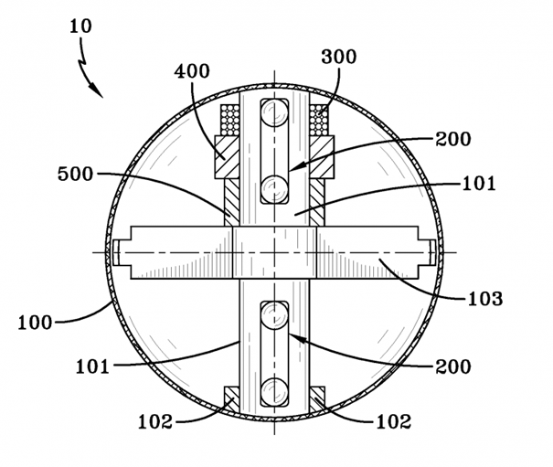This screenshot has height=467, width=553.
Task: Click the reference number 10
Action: point(80,27)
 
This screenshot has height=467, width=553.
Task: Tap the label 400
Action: point(192,71)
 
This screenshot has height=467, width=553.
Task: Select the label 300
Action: point(338,57)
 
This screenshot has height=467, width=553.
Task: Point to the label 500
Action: point(76,174)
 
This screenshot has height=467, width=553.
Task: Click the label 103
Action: point(485,299)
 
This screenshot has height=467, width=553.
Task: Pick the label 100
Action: point(35,323)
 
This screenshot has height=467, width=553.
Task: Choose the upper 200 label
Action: point(453,139)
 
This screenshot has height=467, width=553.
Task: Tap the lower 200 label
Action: point(453,366)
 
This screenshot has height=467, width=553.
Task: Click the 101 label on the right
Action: point(479,184)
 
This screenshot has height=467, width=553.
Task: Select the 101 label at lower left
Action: point(92,366)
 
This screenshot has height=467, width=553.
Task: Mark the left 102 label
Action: point(155,421)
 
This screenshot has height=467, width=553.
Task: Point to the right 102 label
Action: point(394,421)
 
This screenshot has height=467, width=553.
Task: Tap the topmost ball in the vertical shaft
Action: point(274,112)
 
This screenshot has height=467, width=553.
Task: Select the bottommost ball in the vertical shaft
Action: point(274,392)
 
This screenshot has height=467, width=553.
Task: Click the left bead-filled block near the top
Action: point(230,120)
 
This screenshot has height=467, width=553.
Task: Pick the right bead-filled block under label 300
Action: point(319,120)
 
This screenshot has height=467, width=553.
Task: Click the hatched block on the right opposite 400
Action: point(322,157)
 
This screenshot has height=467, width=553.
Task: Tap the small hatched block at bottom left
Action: point(231,399)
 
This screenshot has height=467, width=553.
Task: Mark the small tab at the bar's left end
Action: point(116,252)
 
